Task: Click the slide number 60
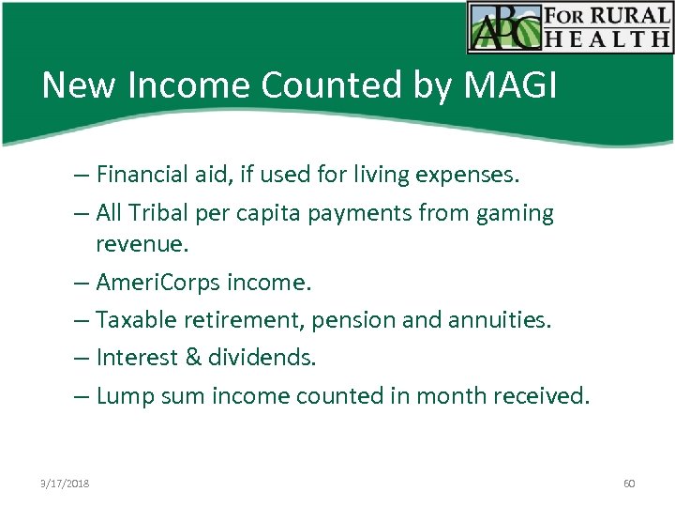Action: [x=629, y=484]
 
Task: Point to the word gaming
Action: [x=514, y=213]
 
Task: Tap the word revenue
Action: [x=142, y=244]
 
